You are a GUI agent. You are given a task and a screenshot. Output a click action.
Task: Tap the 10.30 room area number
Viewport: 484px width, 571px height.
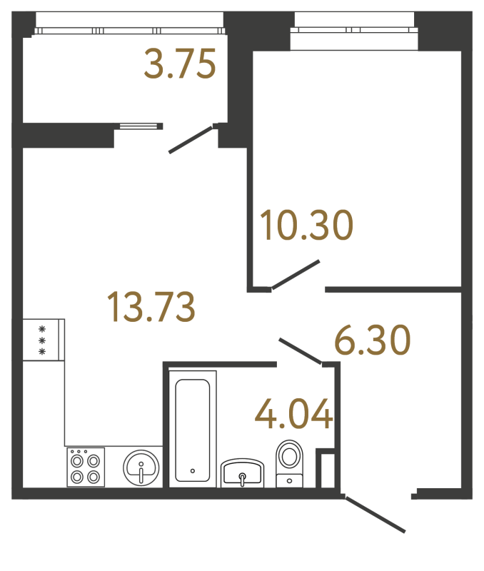306,226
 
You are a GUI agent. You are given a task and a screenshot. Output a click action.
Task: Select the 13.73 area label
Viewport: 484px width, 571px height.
150,307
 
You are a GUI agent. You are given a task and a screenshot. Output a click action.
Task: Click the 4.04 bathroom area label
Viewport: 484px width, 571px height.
293,415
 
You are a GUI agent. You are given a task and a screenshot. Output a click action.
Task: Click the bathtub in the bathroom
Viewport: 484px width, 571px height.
193,428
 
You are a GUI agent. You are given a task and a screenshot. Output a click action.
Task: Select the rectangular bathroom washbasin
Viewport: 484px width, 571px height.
243,473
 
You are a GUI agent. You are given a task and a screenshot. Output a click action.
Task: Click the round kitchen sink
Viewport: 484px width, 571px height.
141,468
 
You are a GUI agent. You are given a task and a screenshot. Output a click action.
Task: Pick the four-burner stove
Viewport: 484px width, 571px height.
86,467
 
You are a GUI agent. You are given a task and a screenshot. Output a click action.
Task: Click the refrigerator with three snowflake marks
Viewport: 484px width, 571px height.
43,340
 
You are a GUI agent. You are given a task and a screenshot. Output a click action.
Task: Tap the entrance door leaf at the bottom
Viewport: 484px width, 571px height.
375,514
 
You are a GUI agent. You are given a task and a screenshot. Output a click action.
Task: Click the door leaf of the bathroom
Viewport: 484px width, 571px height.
300,351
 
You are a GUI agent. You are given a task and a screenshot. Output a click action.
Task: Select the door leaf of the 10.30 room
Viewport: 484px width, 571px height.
295,276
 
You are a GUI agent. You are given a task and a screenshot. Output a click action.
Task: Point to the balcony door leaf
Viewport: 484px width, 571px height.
191,140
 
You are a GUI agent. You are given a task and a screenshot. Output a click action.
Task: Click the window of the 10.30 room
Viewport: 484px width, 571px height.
354,30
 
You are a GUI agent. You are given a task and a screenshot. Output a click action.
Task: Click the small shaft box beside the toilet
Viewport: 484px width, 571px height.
326,469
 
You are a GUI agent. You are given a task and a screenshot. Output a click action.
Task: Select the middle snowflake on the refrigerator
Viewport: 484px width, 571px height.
42,340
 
